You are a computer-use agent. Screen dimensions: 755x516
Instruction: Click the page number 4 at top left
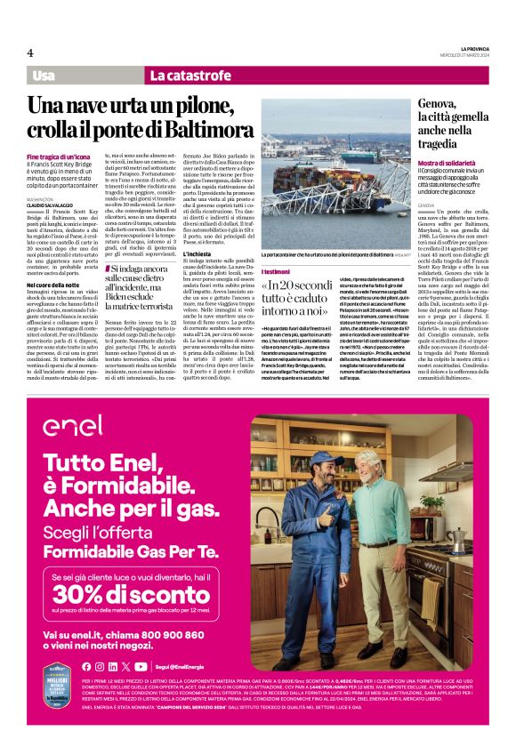tap(29, 52)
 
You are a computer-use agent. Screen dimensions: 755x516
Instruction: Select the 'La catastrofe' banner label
tap(186, 76)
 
